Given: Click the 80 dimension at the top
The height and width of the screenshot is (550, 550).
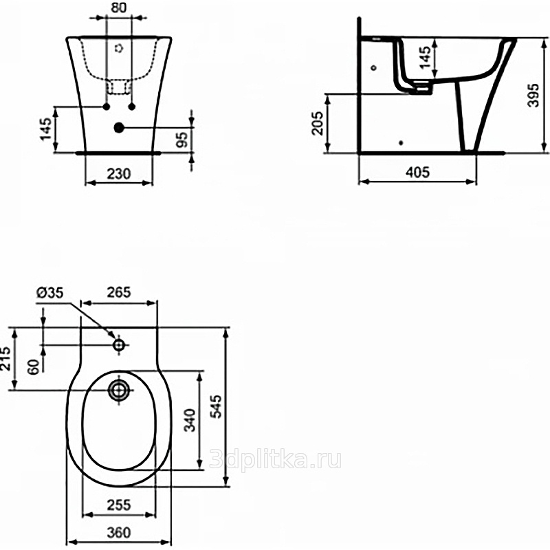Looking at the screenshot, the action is [118, 8].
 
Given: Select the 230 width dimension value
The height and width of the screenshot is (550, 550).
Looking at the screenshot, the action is [118, 174].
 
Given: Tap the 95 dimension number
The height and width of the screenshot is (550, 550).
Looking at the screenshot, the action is [182, 140].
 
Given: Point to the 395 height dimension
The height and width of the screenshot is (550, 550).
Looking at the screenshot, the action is [533, 95].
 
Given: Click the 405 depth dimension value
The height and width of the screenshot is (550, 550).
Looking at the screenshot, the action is [417, 172].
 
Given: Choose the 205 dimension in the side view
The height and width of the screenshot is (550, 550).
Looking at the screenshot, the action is [318, 123].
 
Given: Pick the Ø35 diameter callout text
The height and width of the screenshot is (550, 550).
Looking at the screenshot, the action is [49, 292].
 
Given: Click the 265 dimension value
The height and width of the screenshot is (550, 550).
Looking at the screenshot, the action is [118, 292].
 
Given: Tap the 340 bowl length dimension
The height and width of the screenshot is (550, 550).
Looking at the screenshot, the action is [190, 420].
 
